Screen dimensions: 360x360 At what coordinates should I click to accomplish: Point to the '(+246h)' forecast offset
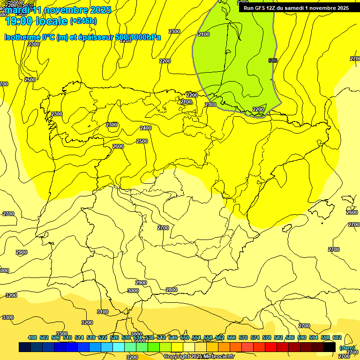(x=83, y=21)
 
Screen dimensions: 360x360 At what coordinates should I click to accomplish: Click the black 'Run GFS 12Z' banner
(x=296, y=7)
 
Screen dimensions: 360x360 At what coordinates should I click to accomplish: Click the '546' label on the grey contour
(x=273, y=60)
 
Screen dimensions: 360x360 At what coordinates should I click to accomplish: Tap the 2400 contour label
(x=146, y=128)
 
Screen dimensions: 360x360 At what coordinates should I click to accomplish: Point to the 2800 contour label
(x=172, y=290)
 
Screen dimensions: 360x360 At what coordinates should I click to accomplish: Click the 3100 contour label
(x=102, y=312)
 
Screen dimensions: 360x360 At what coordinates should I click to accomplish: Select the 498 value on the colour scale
(x=32, y=337)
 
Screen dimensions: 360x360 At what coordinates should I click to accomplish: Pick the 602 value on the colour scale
(x=337, y=337)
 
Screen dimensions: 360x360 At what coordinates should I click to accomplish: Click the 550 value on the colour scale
(x=185, y=337)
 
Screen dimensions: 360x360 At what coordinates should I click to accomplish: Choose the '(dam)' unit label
(x=347, y=348)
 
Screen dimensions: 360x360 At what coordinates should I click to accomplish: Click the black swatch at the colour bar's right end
(x=330, y=347)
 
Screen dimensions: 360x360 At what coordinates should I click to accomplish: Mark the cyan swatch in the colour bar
(x=119, y=347)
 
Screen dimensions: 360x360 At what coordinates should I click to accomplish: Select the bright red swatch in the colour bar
(x=271, y=347)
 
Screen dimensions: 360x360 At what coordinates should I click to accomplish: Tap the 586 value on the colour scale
(x=290, y=337)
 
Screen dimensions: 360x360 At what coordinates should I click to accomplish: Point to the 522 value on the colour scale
(x=103, y=337)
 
